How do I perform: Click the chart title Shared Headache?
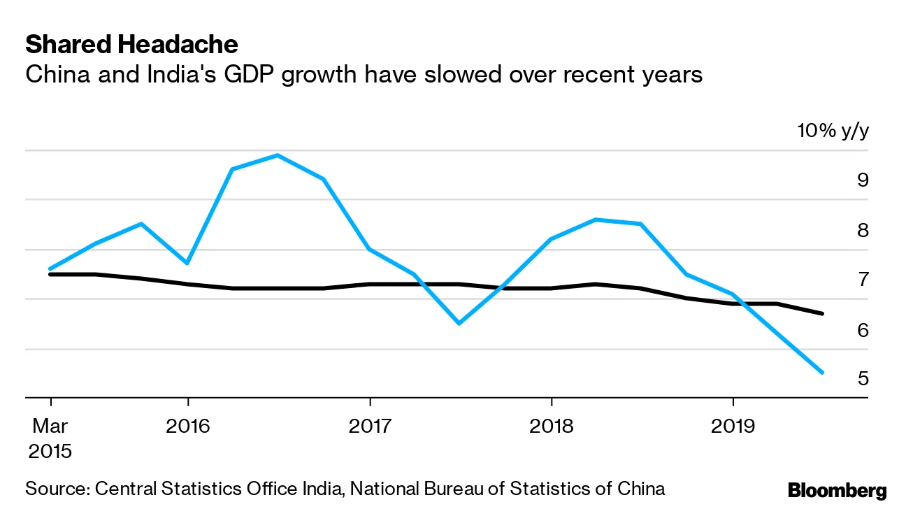(x=131, y=45)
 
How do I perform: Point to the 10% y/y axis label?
(x=833, y=131)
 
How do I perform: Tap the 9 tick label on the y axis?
(x=863, y=180)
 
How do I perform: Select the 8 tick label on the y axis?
(x=863, y=231)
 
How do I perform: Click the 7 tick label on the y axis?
(x=863, y=280)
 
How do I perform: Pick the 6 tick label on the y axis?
(x=863, y=330)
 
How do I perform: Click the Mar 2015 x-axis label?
(x=50, y=438)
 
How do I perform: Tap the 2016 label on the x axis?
(x=188, y=425)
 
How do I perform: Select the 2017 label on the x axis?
(x=369, y=425)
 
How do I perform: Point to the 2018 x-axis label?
(x=551, y=425)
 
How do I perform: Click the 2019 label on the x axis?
(x=733, y=425)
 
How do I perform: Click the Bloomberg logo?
(x=837, y=490)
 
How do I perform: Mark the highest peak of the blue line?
(x=278, y=155)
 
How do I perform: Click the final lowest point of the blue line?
(x=822, y=373)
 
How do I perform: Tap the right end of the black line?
(x=822, y=313)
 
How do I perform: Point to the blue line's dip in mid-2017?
(x=459, y=323)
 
